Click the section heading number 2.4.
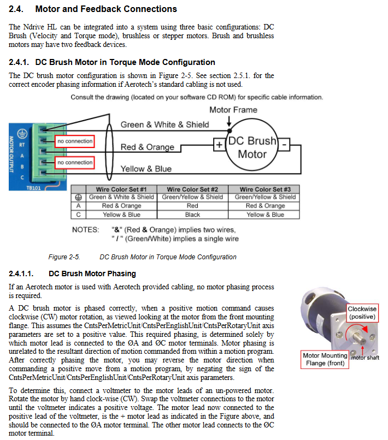coord(16,9)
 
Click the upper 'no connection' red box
coord(75,141)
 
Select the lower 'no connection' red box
coord(75,163)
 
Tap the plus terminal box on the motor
coord(219,145)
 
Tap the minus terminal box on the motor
coord(284,145)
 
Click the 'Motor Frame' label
coord(233,110)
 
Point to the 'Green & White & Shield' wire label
coord(164,124)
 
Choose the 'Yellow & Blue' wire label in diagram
coord(146,169)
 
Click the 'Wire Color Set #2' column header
coord(192,189)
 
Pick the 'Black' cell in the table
coord(192,215)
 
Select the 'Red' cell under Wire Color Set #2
coord(192,206)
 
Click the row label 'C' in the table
coord(78,215)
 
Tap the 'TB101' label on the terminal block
coord(33,188)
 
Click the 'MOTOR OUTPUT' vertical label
coord(11,154)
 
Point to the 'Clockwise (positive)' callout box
coord(362,313)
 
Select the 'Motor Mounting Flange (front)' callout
coord(325,359)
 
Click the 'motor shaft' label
coord(365,358)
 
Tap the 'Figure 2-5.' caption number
coord(64,257)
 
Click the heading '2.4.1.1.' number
coord(21,273)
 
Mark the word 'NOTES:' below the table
coord(85,230)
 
